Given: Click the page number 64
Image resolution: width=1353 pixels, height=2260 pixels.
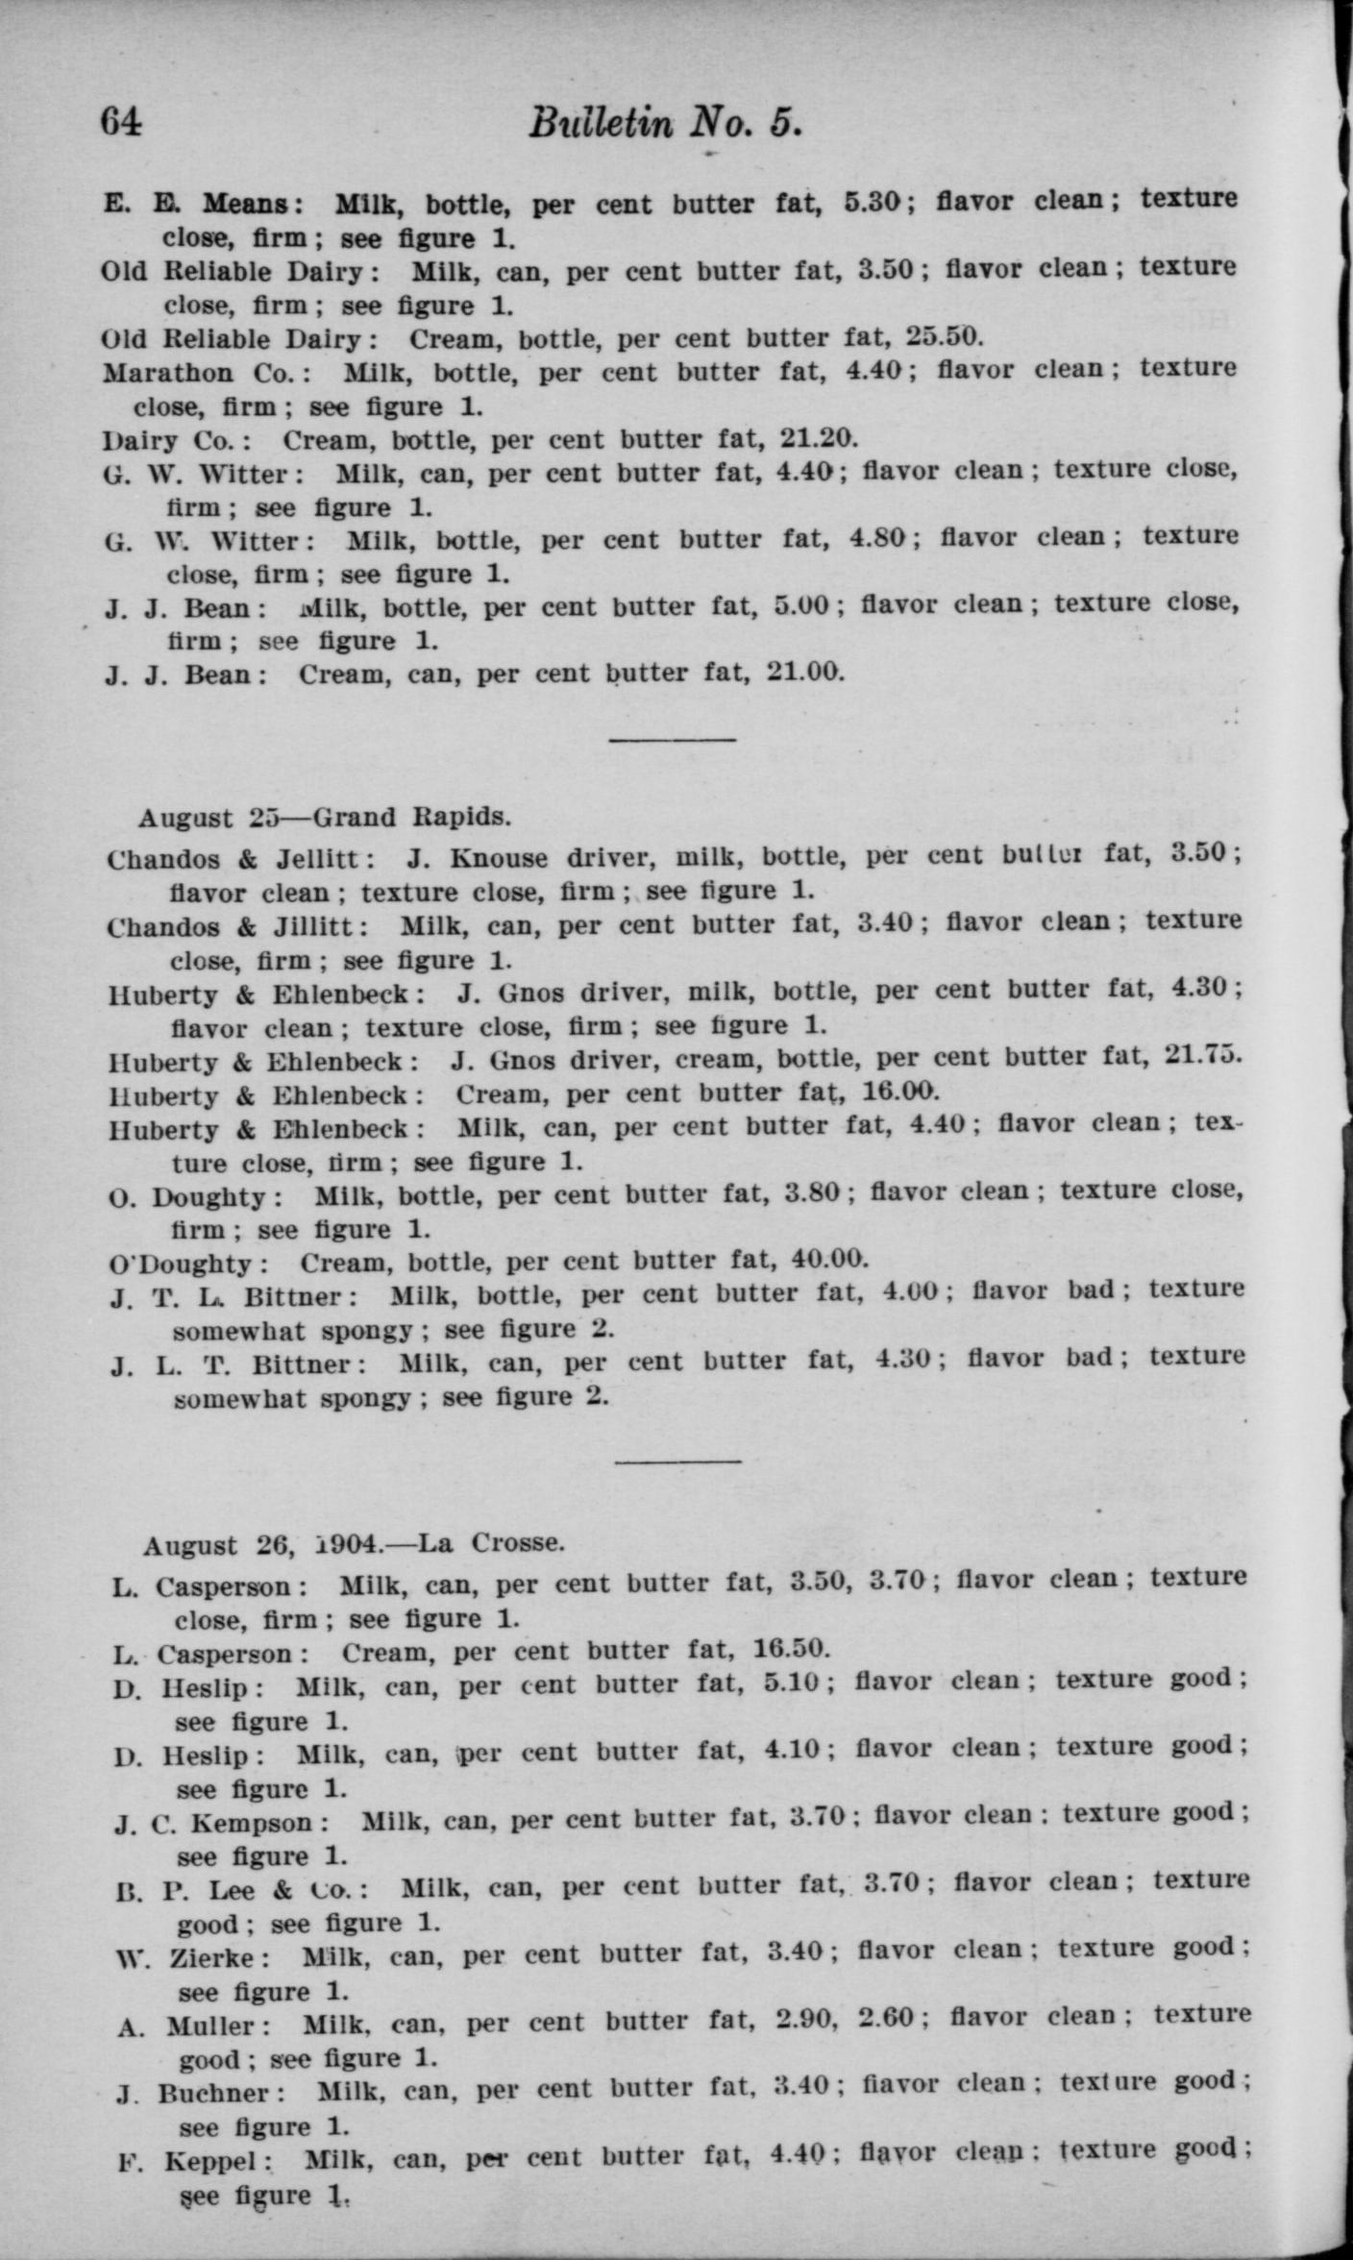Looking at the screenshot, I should click(x=121, y=122).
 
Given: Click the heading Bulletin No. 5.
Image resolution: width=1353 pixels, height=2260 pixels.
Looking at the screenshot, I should click(x=665, y=123).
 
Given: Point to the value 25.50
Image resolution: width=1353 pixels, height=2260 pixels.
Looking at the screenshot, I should click(x=945, y=337).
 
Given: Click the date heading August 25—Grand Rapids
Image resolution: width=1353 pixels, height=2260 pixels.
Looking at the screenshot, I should click(x=325, y=818).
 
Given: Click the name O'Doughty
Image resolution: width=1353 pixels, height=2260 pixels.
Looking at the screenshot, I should click(x=181, y=1263).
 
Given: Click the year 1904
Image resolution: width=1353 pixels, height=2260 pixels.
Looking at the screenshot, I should click(x=350, y=1544).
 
